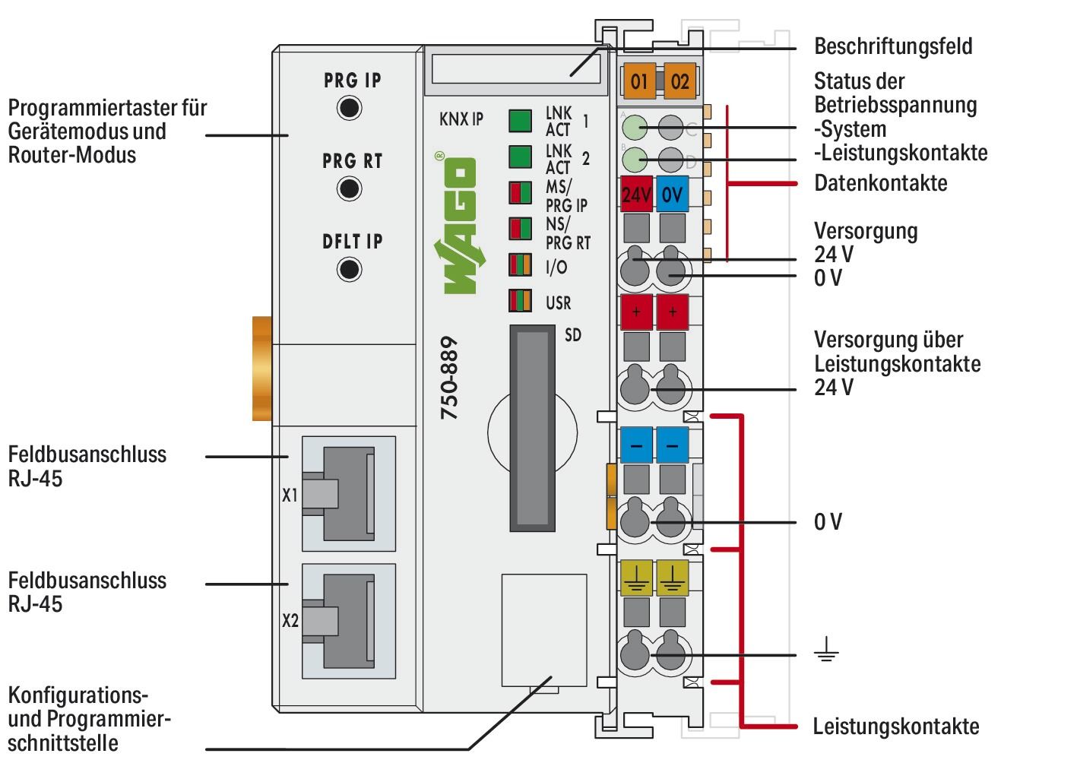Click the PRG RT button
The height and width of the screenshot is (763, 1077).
(x=349, y=188)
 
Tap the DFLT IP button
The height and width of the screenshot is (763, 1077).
(x=349, y=269)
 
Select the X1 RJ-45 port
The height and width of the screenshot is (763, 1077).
(x=348, y=494)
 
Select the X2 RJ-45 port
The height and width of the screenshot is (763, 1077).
(x=348, y=621)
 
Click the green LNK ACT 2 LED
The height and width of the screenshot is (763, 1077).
(x=519, y=157)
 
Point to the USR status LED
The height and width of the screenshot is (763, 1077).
(x=520, y=301)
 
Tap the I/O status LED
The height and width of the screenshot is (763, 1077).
(x=520, y=265)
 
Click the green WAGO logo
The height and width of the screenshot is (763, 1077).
(x=457, y=224)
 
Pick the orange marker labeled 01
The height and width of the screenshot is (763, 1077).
(x=639, y=81)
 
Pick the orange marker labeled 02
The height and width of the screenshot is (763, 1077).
(x=679, y=81)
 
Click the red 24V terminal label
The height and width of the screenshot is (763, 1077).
(x=635, y=195)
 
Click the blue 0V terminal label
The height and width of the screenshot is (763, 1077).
(x=672, y=195)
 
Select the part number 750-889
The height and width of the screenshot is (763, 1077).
(x=449, y=378)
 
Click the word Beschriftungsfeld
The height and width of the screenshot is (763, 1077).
(x=892, y=46)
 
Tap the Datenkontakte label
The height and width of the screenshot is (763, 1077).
(x=880, y=183)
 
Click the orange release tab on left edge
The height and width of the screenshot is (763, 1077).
(x=261, y=369)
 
